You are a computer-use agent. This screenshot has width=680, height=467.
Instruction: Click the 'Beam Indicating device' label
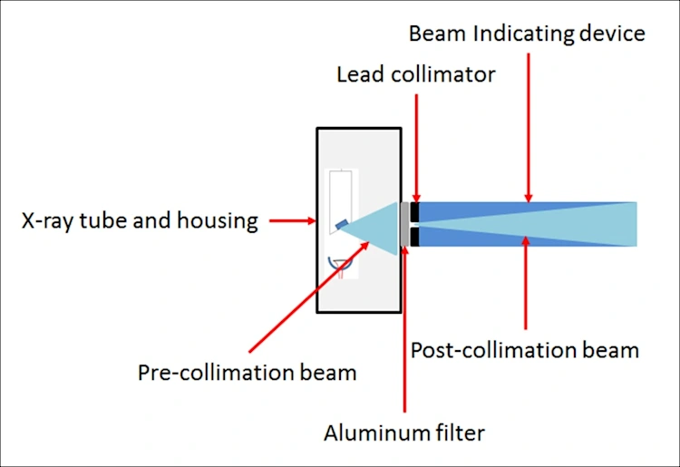click(527, 34)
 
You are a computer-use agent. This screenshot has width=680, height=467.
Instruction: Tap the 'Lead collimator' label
click(416, 74)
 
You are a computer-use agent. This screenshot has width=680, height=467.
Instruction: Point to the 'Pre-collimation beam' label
click(248, 372)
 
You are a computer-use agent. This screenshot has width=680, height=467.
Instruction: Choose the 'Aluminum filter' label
click(404, 433)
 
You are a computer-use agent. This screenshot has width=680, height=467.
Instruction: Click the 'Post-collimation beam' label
click(525, 349)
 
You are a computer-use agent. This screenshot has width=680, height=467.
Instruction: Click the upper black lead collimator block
click(414, 211)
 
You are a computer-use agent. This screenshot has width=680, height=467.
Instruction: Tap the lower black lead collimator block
click(414, 237)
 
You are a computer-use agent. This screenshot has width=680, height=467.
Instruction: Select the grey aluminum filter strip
click(403, 224)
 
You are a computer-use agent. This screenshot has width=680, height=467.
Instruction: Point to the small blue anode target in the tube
click(340, 224)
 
